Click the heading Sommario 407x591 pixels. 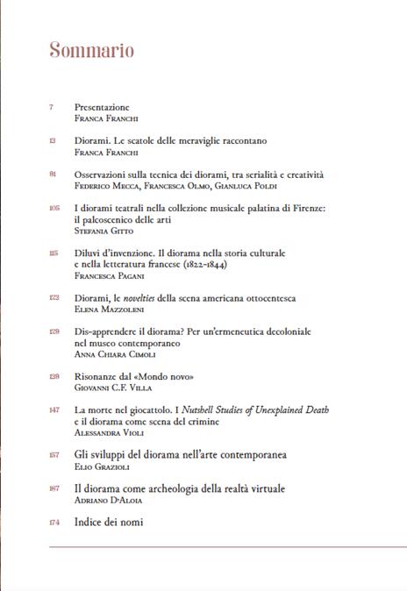click(91, 50)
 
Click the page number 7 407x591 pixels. click(52, 106)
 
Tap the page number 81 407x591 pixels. click(53, 174)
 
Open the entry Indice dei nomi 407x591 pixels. click(108, 523)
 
